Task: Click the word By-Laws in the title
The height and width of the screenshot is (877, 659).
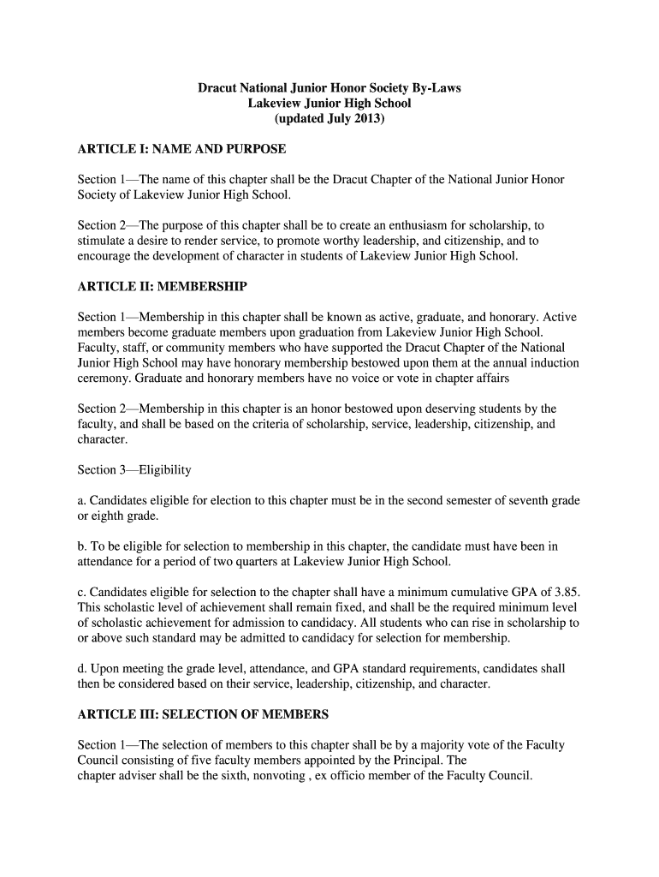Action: pyautogui.click(x=436, y=87)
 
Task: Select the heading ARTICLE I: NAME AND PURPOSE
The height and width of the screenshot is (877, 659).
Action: pyautogui.click(x=181, y=149)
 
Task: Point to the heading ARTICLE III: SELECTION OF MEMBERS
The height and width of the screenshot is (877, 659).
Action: pyautogui.click(x=203, y=713)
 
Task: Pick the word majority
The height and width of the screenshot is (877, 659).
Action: pyautogui.click(x=422, y=744)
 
